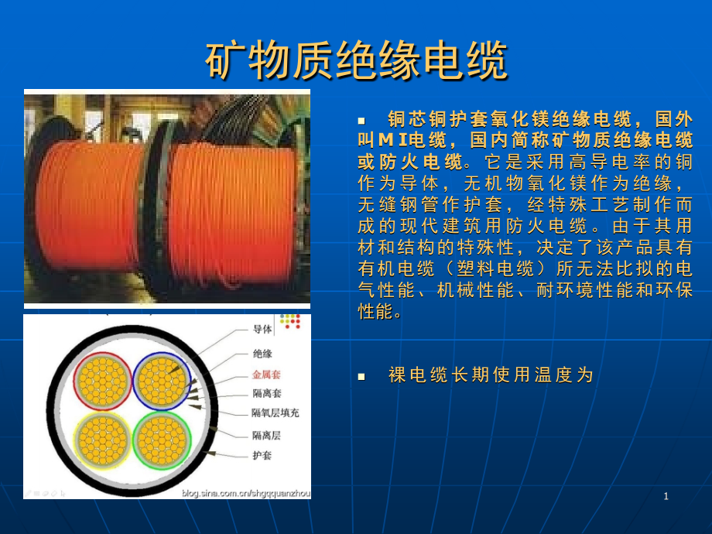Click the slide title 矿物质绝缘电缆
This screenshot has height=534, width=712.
point(356,61)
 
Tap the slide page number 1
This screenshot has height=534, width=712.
point(666,496)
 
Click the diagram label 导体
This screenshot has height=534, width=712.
point(262,329)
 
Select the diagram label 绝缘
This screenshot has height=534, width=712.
point(262,353)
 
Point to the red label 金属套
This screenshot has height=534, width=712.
point(266,374)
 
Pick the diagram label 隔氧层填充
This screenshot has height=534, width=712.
point(275,413)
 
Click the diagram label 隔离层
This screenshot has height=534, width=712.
point(266,435)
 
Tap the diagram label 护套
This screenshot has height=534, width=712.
point(262,456)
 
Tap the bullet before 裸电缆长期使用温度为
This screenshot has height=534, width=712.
point(361,377)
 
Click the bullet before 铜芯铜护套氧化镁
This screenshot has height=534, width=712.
point(361,121)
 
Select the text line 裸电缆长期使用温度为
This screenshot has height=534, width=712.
point(490,375)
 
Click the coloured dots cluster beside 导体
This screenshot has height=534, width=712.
point(290,321)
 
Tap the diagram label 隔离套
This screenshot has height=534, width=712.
point(266,393)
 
